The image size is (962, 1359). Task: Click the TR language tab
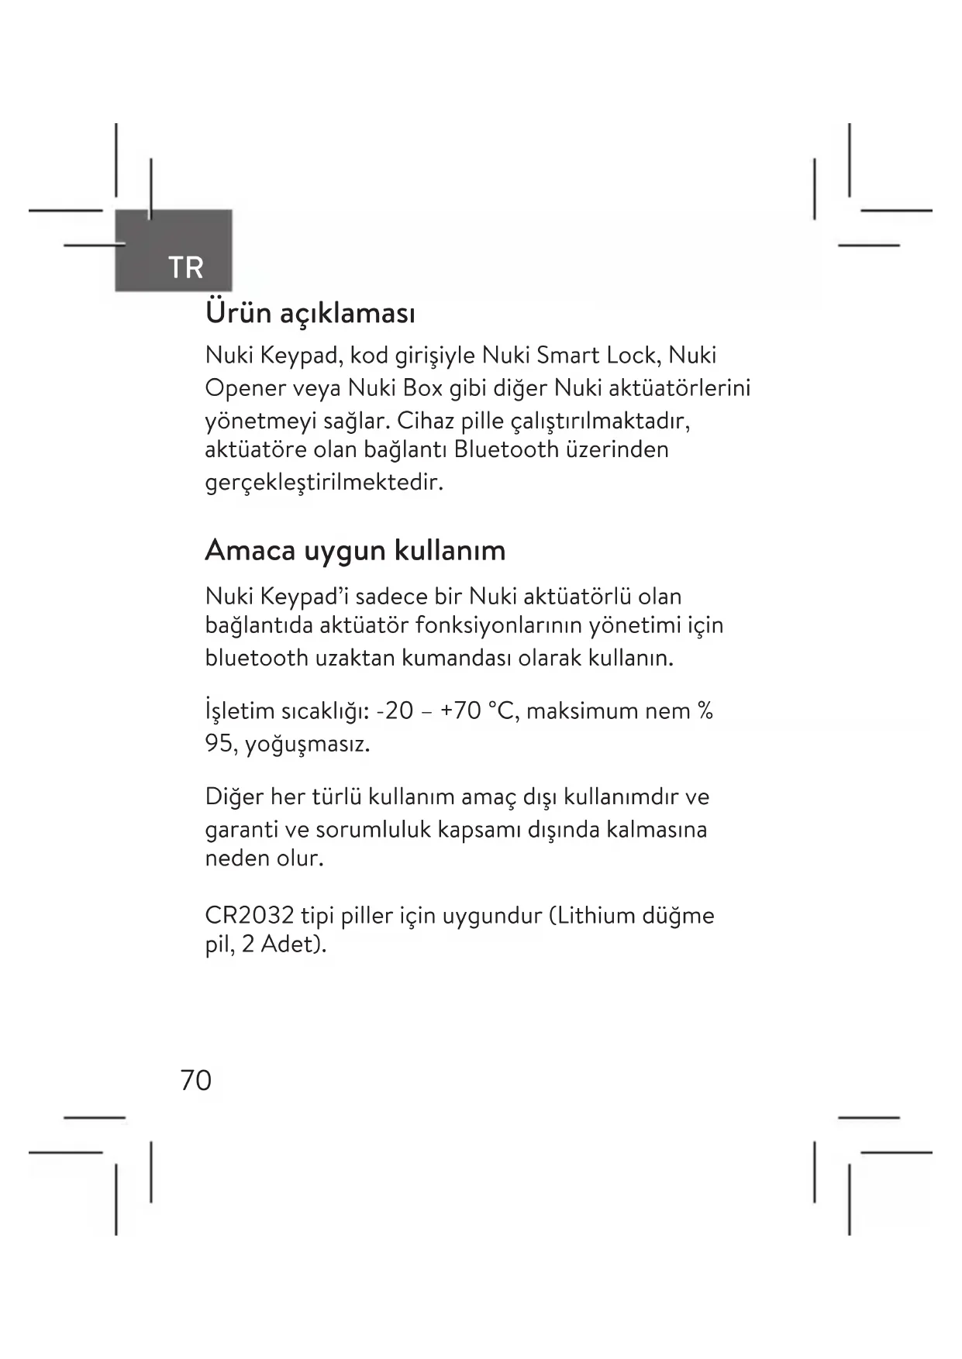click(185, 267)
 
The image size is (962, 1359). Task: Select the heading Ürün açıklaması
click(310, 314)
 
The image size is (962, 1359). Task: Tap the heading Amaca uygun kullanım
click(355, 550)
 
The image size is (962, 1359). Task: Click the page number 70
click(195, 1080)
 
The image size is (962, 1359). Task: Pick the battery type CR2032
click(250, 916)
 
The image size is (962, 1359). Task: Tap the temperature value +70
click(461, 710)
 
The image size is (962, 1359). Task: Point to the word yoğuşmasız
click(308, 745)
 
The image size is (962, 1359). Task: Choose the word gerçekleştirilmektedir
click(324, 483)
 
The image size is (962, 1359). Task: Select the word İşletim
click(240, 710)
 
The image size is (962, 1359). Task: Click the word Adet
click(289, 945)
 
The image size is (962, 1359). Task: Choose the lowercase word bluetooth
click(257, 659)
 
